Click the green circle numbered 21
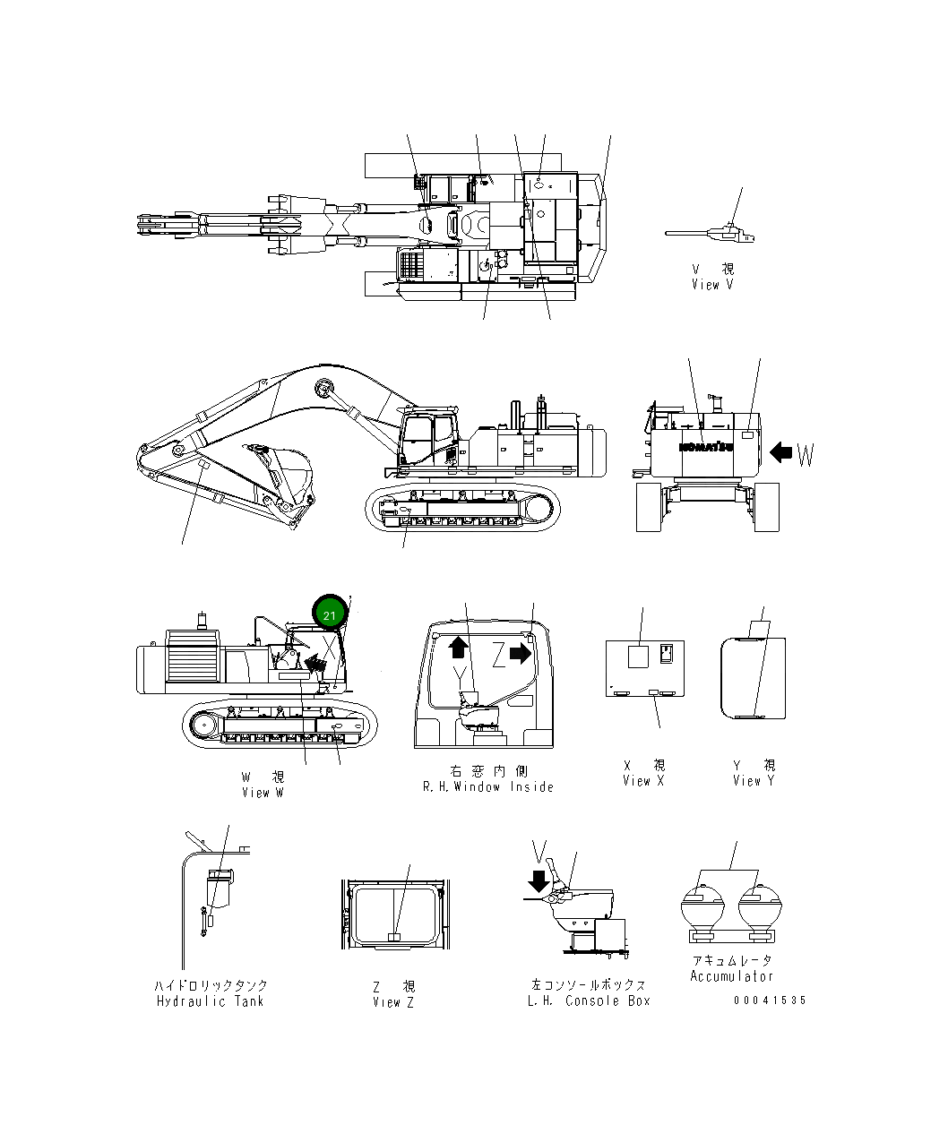tap(329, 614)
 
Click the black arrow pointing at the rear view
tap(781, 453)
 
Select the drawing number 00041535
tap(769, 1000)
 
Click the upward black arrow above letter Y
tap(458, 647)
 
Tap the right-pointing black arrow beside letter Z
tap(521, 655)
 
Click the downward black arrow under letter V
tap(539, 880)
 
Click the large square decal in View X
tap(637, 656)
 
